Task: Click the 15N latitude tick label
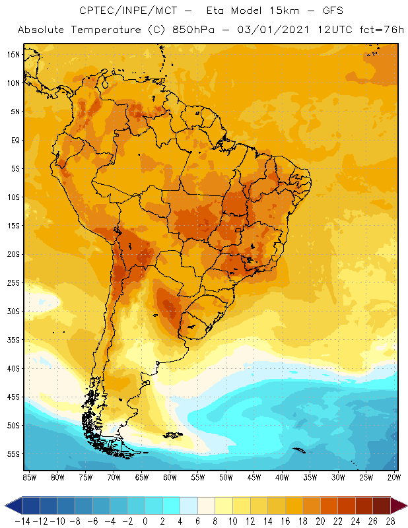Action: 13,54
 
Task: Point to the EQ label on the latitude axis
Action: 15,140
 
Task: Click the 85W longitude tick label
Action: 29,477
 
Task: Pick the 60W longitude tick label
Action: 170,477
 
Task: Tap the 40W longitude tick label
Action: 283,477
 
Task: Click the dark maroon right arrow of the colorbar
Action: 399,506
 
